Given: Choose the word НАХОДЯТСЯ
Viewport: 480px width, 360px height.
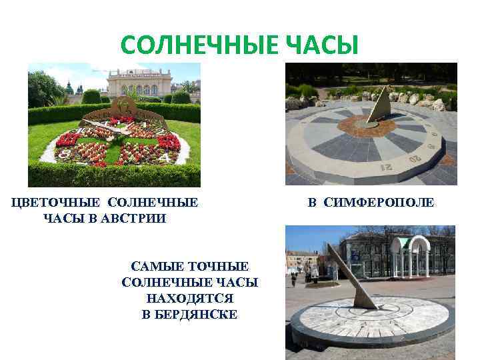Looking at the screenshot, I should click(x=189, y=298).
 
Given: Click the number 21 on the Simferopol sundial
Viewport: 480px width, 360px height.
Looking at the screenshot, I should click(x=386, y=166).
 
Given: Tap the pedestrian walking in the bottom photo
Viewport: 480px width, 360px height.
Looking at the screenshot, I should click(x=293, y=279).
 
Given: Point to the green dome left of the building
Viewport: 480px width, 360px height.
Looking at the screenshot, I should click(x=68, y=88).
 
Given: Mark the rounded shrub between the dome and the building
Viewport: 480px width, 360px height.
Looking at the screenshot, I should click(x=92, y=97).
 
